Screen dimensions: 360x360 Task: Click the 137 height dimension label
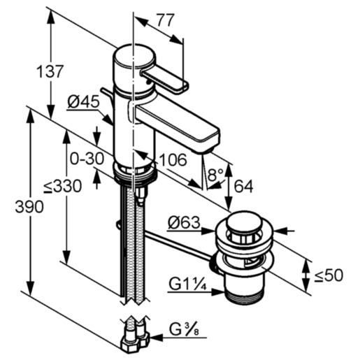point(50,71)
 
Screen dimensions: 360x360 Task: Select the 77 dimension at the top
point(165,20)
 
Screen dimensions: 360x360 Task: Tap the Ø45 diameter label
point(84,102)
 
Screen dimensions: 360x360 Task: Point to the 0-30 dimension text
point(87,159)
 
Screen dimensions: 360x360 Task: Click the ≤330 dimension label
point(63,186)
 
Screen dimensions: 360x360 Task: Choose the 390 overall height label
point(29,206)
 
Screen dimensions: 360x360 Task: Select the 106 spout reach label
point(173,160)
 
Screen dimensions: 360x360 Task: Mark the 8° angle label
point(216,175)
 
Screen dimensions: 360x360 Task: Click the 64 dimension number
point(243,187)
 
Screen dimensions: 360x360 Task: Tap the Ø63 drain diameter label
point(184,223)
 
